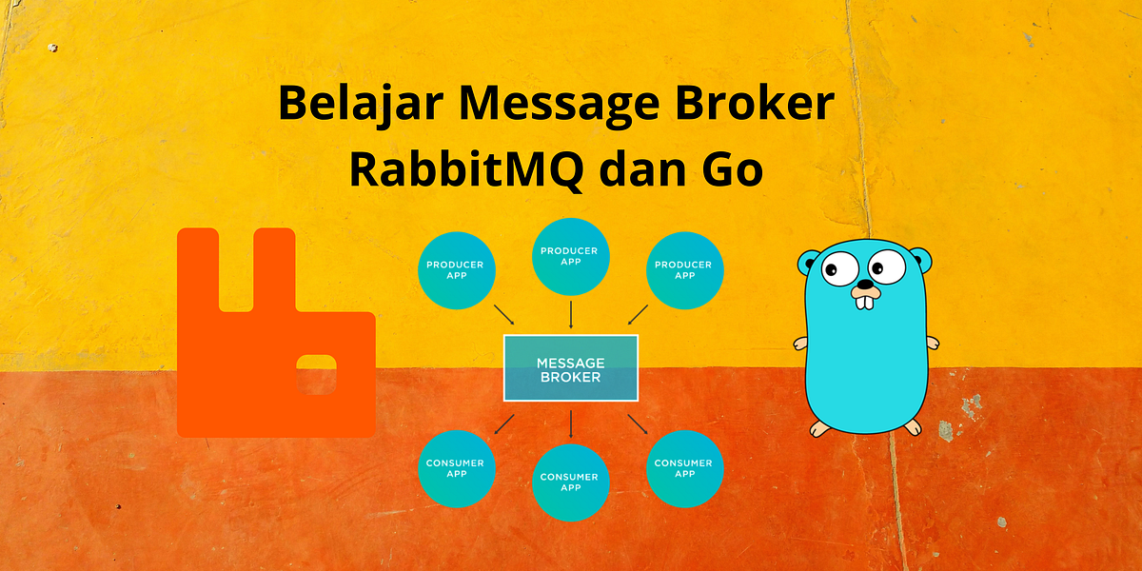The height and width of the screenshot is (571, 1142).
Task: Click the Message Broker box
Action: [570, 368]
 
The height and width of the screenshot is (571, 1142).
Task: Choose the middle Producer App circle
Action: [571, 256]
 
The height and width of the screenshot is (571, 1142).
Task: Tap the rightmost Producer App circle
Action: [685, 269]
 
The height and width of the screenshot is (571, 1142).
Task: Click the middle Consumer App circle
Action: [571, 482]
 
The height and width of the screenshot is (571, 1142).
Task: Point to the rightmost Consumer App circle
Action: [685, 468]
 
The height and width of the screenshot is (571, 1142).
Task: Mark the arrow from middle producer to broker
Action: [571, 315]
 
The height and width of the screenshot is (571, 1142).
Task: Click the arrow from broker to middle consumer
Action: [571, 423]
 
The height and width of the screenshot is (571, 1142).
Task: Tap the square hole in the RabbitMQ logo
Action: [315, 376]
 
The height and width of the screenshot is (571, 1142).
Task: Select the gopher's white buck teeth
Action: [865, 301]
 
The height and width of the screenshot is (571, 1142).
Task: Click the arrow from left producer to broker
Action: [503, 315]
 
